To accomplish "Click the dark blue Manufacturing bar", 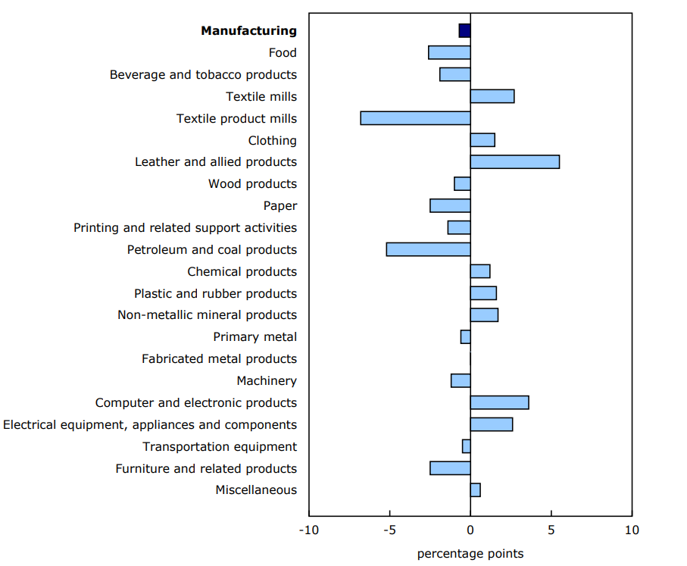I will click(464, 30).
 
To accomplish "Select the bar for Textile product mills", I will click(415, 118).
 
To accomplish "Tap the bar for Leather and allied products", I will click(515, 162).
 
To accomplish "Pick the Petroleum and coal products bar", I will click(428, 249).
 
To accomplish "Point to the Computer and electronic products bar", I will click(499, 402).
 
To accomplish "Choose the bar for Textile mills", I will click(492, 96).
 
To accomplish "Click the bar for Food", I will click(449, 52).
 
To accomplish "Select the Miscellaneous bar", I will click(475, 490).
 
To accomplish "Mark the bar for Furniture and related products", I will click(450, 468).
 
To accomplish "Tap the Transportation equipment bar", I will click(466, 446).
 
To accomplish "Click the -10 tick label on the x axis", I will click(309, 530).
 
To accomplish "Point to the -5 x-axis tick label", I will click(389, 530).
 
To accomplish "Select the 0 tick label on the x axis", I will click(470, 530).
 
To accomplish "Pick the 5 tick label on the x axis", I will click(551, 530).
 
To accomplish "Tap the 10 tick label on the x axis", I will click(631, 530).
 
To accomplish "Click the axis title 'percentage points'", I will click(470, 554).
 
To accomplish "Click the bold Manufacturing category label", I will click(248, 31).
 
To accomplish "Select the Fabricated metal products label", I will click(219, 359).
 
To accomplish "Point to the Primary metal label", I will click(255, 337).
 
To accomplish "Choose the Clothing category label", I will click(272, 141).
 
